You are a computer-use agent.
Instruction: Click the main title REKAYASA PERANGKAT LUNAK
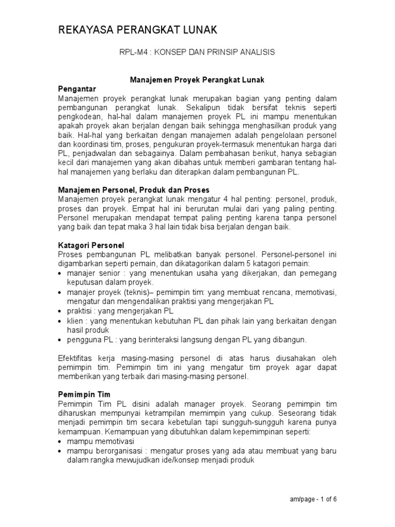point(137,31)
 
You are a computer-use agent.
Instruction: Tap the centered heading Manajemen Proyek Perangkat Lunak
point(197,80)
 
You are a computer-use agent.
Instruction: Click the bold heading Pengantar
point(77,90)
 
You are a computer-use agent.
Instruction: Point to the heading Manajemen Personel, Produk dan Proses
point(133,190)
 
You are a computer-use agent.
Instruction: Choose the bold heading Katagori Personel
point(92,245)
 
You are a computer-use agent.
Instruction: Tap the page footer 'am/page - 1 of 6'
point(314,499)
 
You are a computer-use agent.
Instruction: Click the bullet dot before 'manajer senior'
point(61,273)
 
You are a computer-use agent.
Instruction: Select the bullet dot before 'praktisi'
point(61,312)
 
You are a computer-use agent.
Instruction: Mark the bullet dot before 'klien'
point(61,322)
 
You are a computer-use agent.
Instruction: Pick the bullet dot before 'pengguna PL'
point(61,341)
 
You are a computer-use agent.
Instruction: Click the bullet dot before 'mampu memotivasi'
point(61,442)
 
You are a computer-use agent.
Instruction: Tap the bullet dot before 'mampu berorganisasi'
point(61,451)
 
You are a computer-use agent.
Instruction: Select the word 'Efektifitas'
point(79,358)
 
